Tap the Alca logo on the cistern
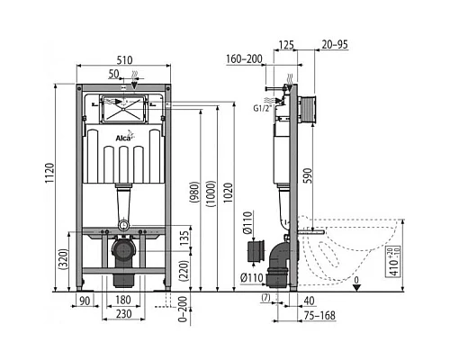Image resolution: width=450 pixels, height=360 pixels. [125, 138]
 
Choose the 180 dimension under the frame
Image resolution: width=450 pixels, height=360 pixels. [125, 300]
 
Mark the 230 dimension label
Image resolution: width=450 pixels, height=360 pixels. [125, 314]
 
